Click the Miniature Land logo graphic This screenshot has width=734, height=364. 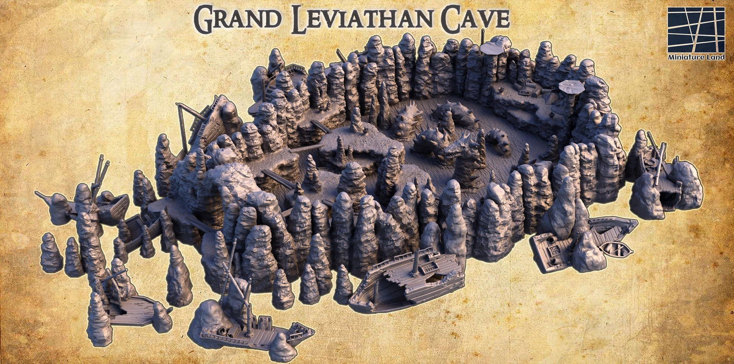696,29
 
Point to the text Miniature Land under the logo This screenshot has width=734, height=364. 696,56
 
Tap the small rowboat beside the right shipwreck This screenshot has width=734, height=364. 616,249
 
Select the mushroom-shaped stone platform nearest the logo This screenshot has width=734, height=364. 572,87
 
